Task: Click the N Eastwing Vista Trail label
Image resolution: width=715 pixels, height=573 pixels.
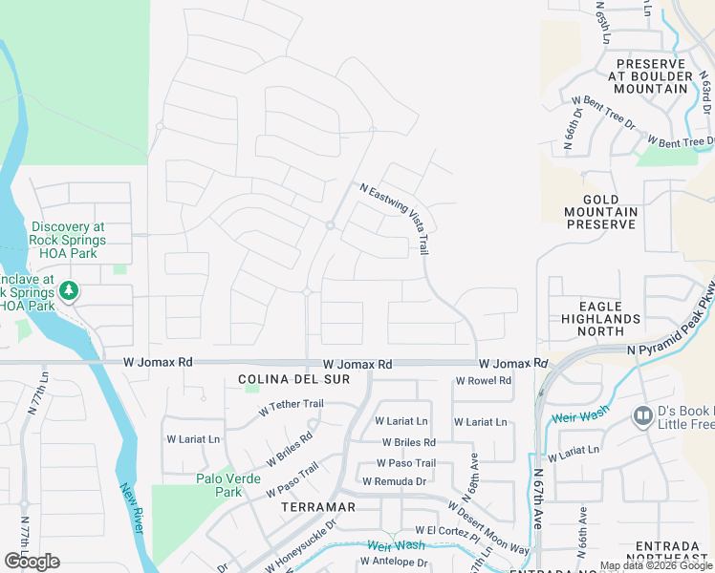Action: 394,219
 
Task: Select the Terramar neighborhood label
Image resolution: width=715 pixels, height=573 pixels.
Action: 318,507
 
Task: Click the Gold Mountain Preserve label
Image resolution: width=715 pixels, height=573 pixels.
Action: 601,212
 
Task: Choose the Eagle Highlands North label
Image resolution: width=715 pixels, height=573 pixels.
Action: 600,318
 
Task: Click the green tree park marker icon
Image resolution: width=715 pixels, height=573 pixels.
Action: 69,289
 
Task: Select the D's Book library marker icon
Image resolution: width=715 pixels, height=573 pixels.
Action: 642,415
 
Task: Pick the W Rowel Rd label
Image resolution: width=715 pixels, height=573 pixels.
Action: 483,380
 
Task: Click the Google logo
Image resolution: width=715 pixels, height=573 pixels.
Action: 32,561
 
